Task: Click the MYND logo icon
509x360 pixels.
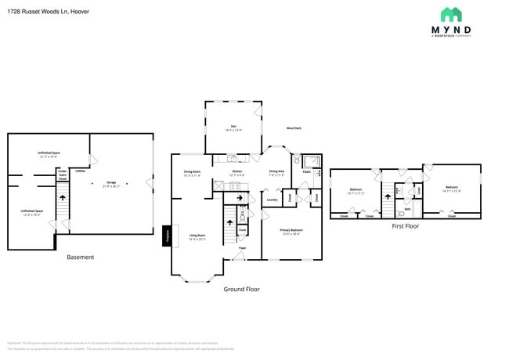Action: point(451,15)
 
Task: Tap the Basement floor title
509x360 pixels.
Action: point(80,257)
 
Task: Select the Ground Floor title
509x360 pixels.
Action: point(241,289)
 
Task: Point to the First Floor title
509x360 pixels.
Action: point(405,226)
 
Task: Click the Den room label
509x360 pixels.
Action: point(233,128)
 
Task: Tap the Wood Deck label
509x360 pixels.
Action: point(294,128)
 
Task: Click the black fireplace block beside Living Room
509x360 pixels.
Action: point(167,236)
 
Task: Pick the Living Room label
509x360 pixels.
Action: point(197,235)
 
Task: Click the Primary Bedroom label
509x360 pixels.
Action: point(291,231)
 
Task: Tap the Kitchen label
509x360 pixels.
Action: point(236,172)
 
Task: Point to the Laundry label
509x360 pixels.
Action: point(273,200)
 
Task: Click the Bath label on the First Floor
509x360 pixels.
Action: point(407,209)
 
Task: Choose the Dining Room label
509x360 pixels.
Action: point(192,173)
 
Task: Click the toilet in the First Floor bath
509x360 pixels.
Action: point(400,212)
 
